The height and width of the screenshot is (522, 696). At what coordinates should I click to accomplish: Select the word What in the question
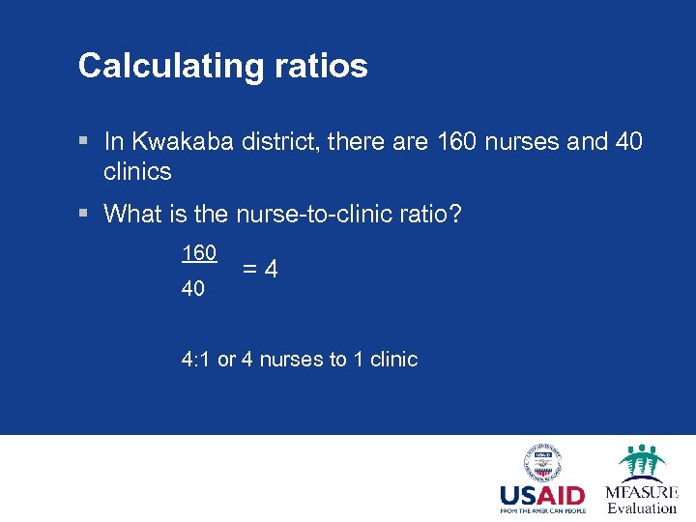tap(132, 214)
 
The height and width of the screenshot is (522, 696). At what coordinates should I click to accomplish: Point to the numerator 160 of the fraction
tap(199, 252)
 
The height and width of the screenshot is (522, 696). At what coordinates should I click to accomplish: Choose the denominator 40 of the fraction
tap(193, 288)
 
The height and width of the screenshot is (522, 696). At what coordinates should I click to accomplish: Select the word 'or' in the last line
tap(226, 360)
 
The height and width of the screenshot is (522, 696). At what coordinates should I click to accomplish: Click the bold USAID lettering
tap(542, 495)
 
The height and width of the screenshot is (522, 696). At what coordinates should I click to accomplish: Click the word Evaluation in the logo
tap(641, 508)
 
